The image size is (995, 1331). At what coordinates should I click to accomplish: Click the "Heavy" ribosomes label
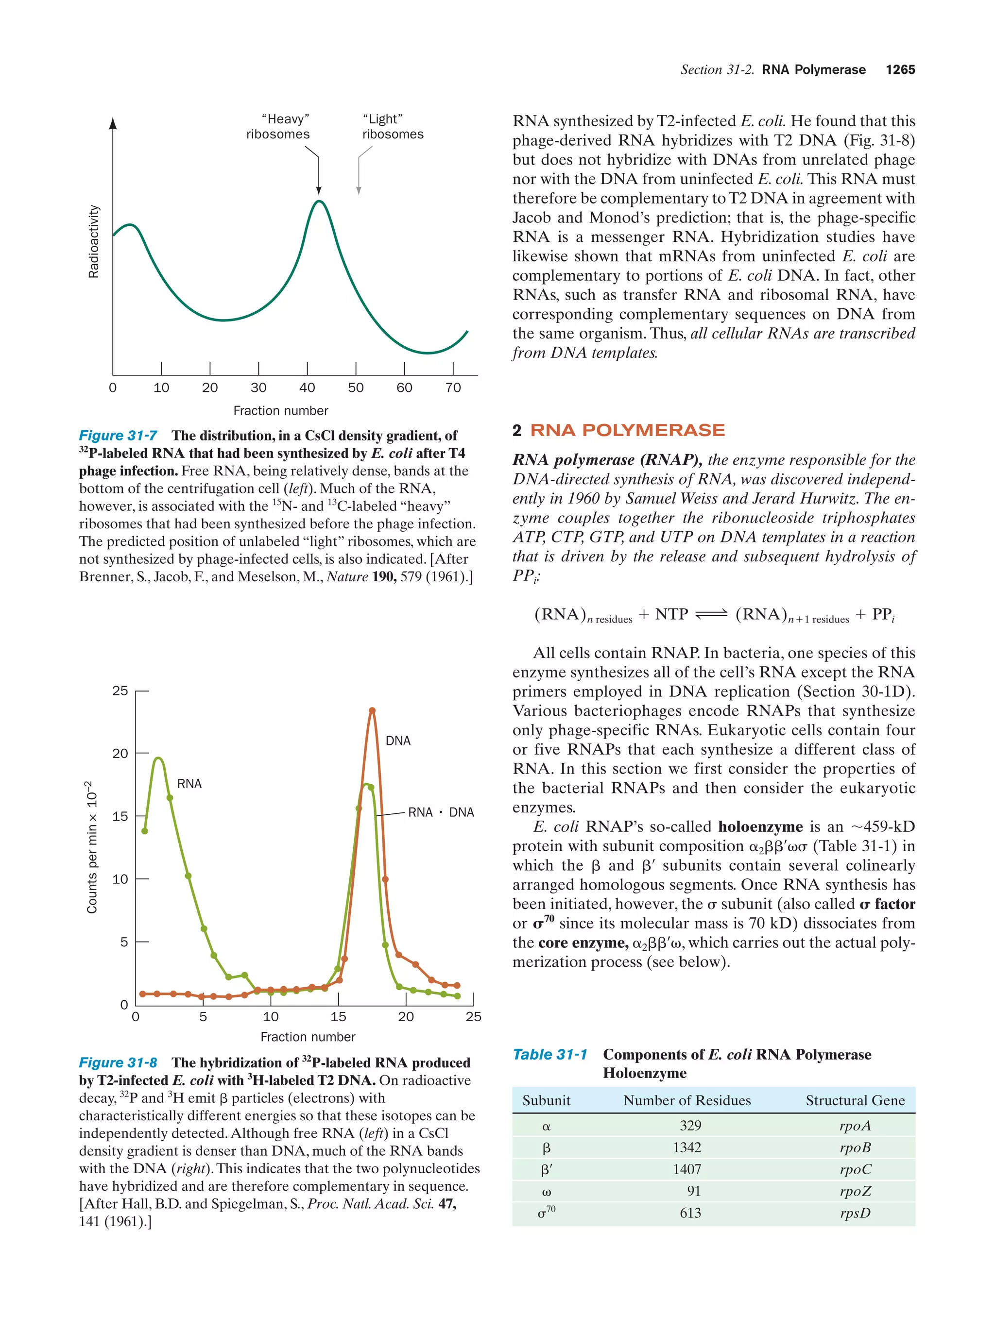pyautogui.click(x=277, y=126)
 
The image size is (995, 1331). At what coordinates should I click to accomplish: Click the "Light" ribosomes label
pyautogui.click(x=393, y=126)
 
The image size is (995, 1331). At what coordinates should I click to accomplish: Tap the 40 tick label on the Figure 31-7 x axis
pyautogui.click(x=307, y=388)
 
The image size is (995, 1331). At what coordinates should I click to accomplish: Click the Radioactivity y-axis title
pyautogui.click(x=93, y=241)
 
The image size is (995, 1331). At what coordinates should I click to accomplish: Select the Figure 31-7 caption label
pyautogui.click(x=118, y=436)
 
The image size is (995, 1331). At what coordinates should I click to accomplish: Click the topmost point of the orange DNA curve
pyautogui.click(x=372, y=710)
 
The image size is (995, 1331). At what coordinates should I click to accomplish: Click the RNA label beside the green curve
pyautogui.click(x=189, y=783)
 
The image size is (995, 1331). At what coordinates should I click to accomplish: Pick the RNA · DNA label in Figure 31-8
pyautogui.click(x=441, y=812)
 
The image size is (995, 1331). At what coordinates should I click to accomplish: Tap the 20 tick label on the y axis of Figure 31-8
pyautogui.click(x=120, y=753)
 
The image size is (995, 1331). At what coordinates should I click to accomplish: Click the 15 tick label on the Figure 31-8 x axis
pyautogui.click(x=338, y=1017)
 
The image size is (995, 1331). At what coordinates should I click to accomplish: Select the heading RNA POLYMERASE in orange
pyautogui.click(x=627, y=430)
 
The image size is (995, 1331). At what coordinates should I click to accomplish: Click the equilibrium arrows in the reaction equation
pyautogui.click(x=711, y=614)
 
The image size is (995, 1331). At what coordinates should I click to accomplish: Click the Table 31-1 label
pyautogui.click(x=549, y=1055)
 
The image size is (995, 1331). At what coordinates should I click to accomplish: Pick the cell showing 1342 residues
pyautogui.click(x=687, y=1147)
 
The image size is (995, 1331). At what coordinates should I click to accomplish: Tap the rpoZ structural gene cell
pyautogui.click(x=855, y=1192)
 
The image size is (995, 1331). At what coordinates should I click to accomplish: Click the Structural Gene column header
pyautogui.click(x=855, y=1100)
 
